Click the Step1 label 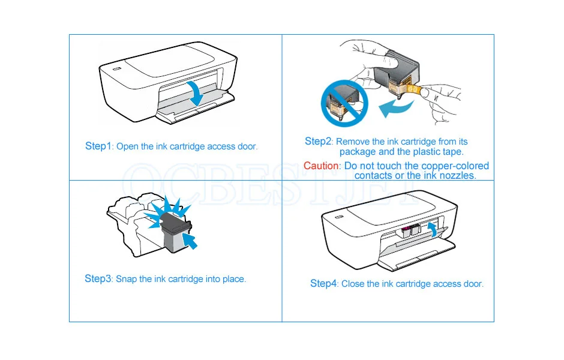pyautogui.click(x=98, y=146)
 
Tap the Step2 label pyautogui.click(x=318, y=142)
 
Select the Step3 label pyautogui.click(x=98, y=278)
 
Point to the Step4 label pyautogui.click(x=323, y=283)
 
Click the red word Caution pyautogui.click(x=322, y=166)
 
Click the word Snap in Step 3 pyautogui.click(x=127, y=279)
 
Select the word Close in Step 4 pyautogui.click(x=353, y=284)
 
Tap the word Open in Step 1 pyautogui.click(x=127, y=146)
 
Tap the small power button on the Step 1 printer pyautogui.click(x=117, y=69)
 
